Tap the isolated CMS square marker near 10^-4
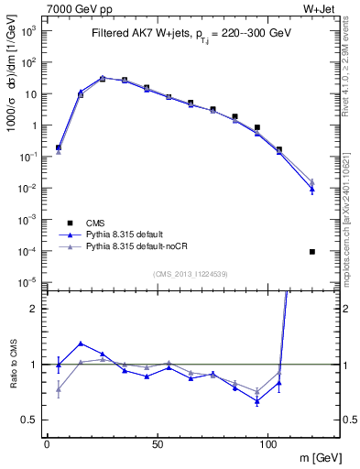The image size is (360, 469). click(x=312, y=252)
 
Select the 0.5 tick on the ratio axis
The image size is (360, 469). click(x=30, y=420)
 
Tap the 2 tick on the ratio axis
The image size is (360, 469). click(x=34, y=309)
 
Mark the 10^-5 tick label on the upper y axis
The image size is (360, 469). click(x=28, y=281)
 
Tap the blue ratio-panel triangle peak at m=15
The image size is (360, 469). click(x=81, y=344)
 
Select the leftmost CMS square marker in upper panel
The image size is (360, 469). click(x=59, y=147)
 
